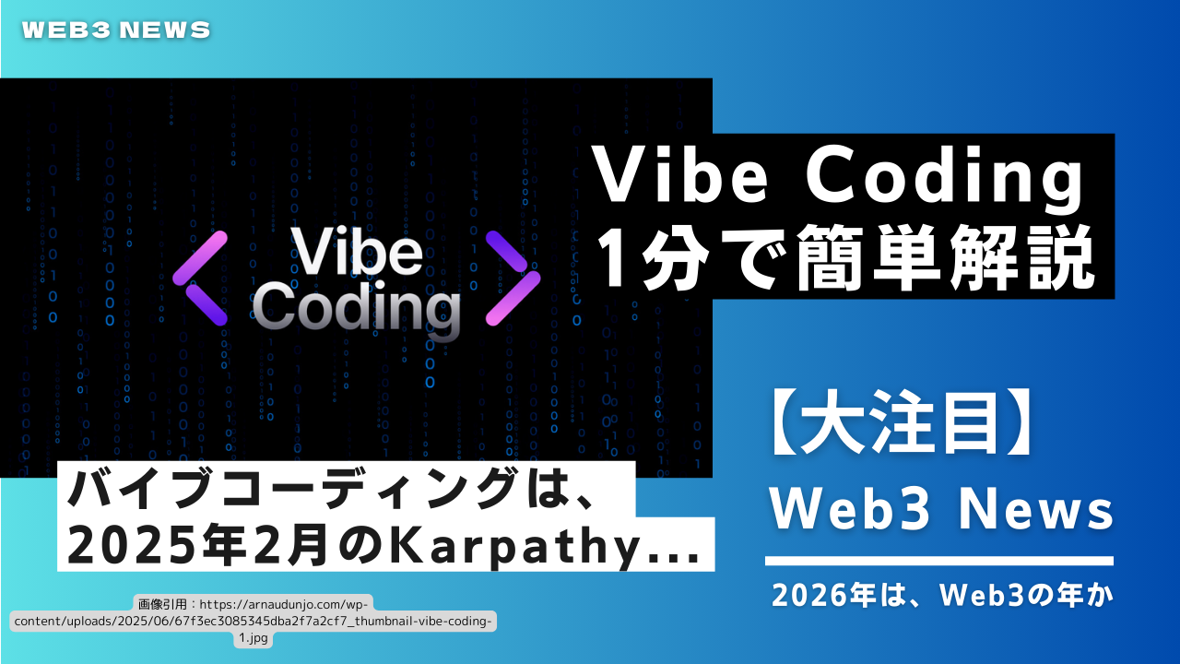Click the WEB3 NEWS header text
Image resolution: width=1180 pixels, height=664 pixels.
click(116, 30)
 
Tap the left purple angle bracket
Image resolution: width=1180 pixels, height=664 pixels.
click(199, 279)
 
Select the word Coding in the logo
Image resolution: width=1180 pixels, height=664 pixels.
click(357, 310)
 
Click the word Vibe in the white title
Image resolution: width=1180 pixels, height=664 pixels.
click(680, 174)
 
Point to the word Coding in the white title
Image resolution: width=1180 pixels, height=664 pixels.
click(944, 180)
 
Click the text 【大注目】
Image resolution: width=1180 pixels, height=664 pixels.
click(902, 423)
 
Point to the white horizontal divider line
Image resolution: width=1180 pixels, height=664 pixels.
click(939, 561)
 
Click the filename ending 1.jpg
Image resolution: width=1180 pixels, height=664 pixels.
click(254, 638)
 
